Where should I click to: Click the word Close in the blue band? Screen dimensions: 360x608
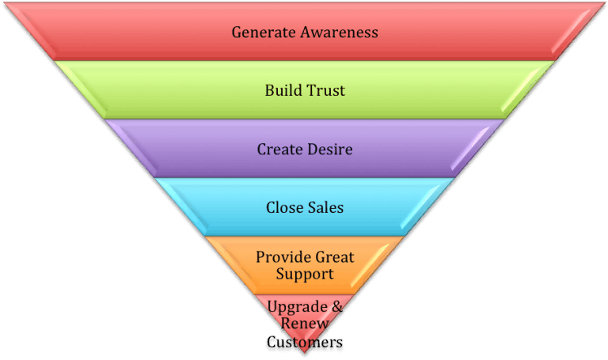[283, 207]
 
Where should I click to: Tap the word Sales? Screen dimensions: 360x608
[325, 207]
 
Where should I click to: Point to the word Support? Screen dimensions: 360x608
[305, 275]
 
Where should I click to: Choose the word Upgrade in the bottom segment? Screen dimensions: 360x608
[293, 307]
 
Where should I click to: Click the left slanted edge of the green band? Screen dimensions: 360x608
[78, 89]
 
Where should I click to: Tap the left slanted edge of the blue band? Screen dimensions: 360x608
[179, 207]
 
